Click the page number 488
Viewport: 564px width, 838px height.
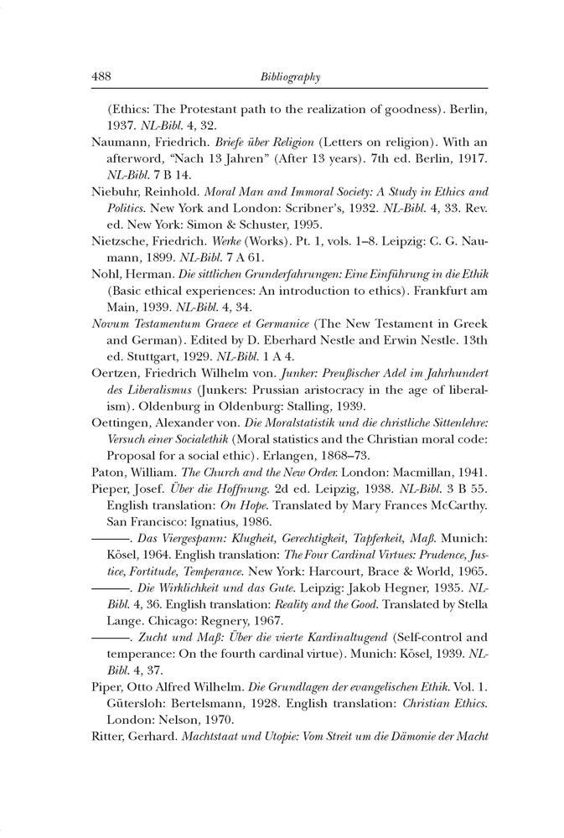[x=101, y=77]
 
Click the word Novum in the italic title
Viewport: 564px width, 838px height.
[x=108, y=323]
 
